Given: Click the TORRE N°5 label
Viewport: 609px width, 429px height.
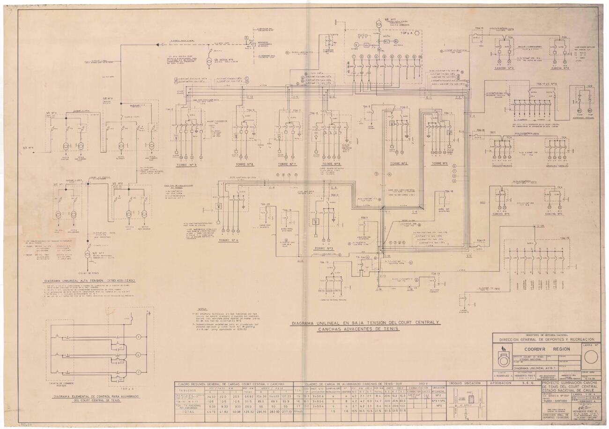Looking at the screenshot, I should [186, 165].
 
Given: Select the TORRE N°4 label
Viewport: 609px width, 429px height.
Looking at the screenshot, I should [228, 241].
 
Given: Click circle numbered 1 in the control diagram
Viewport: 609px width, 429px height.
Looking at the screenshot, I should [139, 337].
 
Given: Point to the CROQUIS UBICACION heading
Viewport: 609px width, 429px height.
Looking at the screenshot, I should [465, 384].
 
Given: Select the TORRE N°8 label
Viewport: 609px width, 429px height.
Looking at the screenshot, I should [331, 164].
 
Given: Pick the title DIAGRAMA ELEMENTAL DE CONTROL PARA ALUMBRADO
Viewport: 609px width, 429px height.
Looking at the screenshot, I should [83, 396].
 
